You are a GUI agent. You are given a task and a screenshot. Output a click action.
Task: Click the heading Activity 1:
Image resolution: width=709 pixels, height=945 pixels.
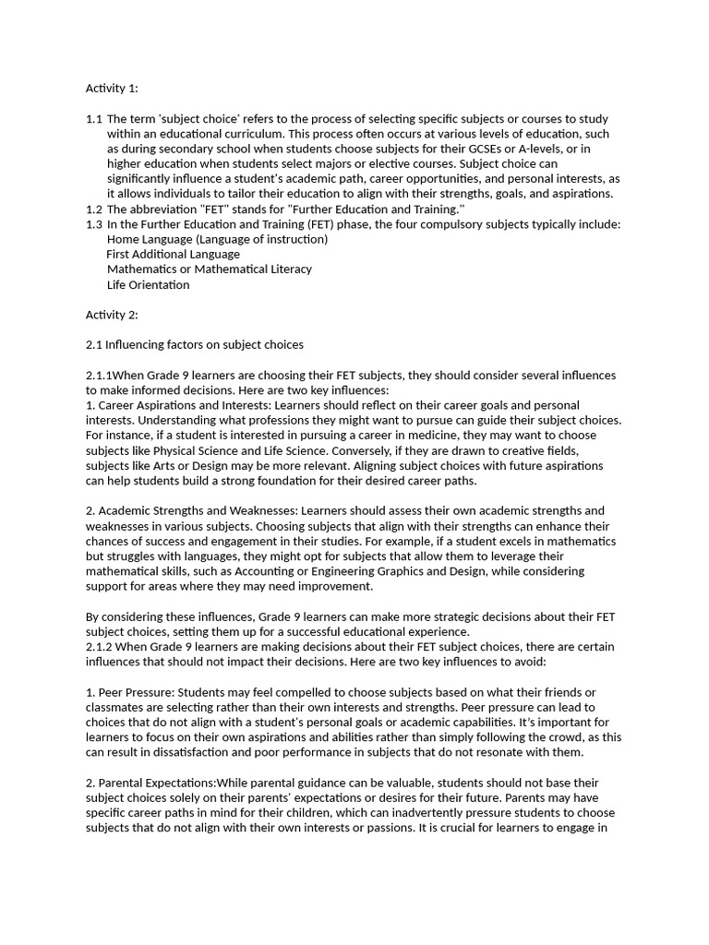[112, 89]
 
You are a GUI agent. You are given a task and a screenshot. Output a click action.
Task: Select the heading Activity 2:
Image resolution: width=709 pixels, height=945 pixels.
[112, 315]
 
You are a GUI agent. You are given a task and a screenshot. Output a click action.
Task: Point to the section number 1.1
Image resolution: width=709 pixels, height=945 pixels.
[94, 119]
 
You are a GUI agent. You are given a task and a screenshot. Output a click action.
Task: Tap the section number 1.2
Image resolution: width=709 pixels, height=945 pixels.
[94, 209]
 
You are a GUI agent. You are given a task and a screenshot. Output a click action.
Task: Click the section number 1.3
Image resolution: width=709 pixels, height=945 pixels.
[94, 224]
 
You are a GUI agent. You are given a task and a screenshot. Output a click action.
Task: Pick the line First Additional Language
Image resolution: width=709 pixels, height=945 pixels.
[173, 254]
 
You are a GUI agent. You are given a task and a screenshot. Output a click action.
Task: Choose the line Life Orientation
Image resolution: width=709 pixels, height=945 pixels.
[148, 284]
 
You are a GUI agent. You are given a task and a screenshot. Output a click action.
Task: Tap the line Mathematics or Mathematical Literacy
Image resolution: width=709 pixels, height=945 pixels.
[209, 269]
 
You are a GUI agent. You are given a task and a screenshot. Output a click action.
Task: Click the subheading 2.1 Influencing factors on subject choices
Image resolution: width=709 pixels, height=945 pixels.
[194, 345]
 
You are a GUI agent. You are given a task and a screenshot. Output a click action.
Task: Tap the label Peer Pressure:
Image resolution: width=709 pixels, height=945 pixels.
[134, 692]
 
